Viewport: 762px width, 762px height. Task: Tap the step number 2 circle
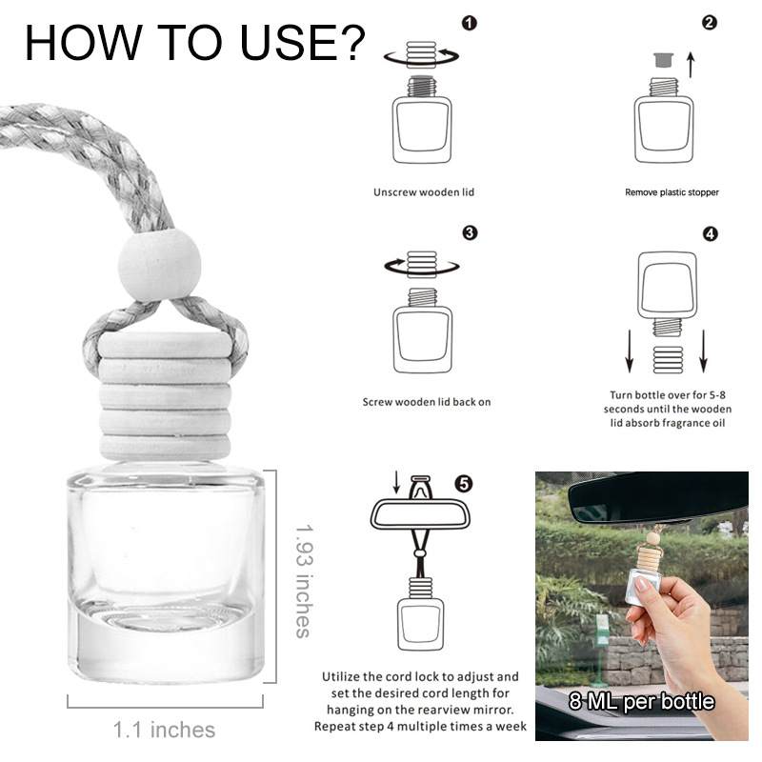(710, 23)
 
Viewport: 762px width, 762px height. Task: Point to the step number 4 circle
(710, 233)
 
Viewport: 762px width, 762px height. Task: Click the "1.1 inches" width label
(164, 731)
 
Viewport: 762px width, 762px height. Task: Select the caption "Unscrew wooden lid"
(423, 192)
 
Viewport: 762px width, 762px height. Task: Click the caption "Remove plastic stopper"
(672, 192)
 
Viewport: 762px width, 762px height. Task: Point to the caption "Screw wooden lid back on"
(427, 402)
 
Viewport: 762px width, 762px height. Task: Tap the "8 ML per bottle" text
(641, 702)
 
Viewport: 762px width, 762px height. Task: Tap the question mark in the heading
(347, 42)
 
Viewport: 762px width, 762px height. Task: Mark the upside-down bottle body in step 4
(666, 289)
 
